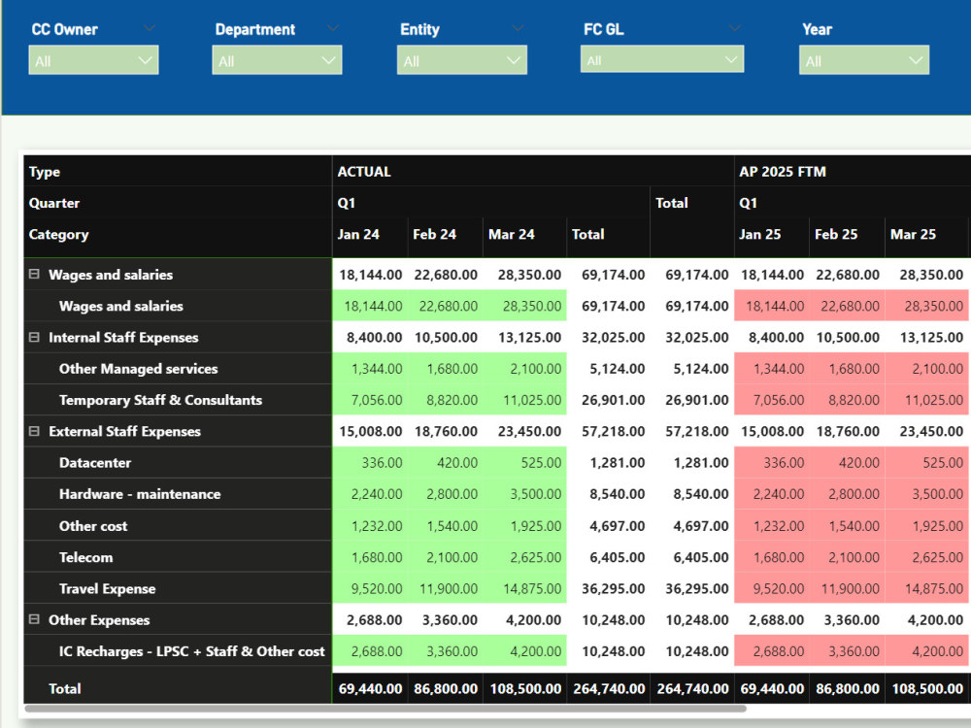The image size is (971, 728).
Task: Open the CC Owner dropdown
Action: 93,60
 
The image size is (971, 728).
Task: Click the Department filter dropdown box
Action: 277,60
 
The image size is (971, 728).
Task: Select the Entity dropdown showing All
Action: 462,60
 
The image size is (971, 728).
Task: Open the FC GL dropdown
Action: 662,59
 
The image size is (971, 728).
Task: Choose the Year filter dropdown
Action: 864,60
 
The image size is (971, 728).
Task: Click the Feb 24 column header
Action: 434,235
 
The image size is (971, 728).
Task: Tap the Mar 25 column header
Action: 913,235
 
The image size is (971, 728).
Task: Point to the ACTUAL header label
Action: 364,172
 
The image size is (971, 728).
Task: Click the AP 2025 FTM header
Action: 782,172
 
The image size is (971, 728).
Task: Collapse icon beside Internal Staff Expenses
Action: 34,338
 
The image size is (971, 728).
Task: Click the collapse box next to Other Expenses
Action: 34,619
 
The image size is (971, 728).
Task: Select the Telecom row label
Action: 86,557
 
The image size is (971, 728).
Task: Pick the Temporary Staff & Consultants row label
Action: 160,400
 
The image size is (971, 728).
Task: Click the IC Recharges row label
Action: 192,651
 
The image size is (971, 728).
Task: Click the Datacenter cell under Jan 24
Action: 370,462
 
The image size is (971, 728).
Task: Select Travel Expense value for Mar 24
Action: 524,589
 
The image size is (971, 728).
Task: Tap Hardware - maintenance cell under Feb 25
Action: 847,494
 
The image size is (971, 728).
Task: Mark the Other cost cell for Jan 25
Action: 772,526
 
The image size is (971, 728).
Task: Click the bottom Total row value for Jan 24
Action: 370,688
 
